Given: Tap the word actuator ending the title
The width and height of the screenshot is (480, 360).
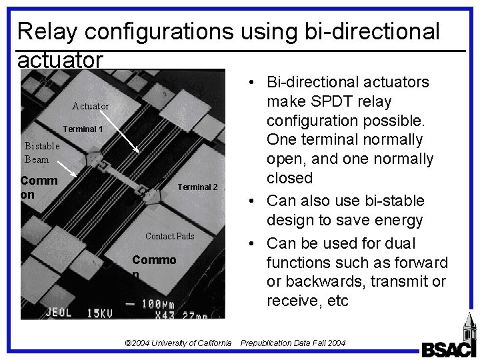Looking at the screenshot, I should (61, 60).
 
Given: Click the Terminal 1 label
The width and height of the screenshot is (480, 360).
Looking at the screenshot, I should (84, 129).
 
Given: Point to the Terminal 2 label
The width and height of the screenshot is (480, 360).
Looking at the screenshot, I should (197, 187).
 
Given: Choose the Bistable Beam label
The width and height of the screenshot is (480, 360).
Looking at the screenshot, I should (41, 152).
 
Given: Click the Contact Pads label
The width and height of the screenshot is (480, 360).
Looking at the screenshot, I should (170, 236).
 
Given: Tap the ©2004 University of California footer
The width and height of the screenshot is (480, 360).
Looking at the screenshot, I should (178, 343).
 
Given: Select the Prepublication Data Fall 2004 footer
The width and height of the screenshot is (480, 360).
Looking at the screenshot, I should (293, 343).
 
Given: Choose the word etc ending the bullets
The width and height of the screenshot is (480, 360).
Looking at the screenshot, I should (336, 300).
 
